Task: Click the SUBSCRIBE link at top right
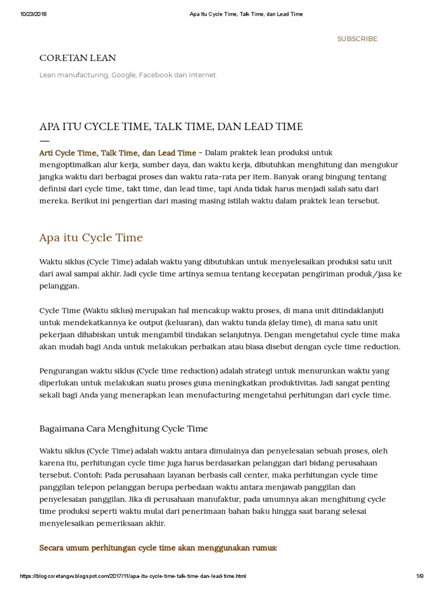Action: click(357, 39)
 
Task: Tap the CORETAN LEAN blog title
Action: click(77, 58)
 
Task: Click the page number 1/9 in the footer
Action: click(419, 576)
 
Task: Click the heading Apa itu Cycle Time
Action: click(91, 237)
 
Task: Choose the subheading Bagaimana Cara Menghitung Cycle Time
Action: click(123, 429)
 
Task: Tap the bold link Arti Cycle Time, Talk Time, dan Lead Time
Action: click(118, 153)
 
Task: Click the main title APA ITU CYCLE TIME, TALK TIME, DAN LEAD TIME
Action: click(171, 126)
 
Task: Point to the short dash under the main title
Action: click(44, 141)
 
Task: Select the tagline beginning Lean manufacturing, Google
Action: click(128, 75)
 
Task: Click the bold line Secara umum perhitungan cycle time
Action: click(158, 547)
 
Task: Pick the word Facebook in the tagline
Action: click(156, 75)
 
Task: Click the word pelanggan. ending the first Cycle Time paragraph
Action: click(58, 286)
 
